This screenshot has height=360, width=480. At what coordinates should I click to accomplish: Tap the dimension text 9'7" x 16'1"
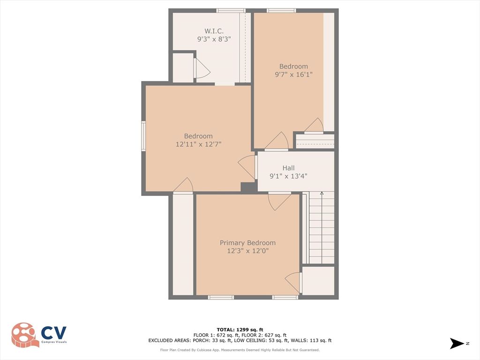point(293,74)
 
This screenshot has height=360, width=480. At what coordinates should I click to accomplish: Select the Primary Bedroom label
point(247,243)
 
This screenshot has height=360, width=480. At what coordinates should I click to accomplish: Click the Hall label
point(288,168)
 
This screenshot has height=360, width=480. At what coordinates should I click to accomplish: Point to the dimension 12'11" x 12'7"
point(198,144)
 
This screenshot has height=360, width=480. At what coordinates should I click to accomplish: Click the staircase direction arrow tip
point(322,192)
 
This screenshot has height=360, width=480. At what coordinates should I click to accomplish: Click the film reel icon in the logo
point(25,335)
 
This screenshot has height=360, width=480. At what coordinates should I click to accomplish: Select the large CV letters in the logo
point(54,333)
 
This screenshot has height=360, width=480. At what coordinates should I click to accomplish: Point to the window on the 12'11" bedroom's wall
point(143,136)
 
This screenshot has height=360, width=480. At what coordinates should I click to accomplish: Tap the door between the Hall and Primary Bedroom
point(278,201)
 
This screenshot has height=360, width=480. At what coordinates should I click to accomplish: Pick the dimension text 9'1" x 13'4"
point(288,176)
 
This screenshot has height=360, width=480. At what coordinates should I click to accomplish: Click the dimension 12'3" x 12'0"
point(247,251)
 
